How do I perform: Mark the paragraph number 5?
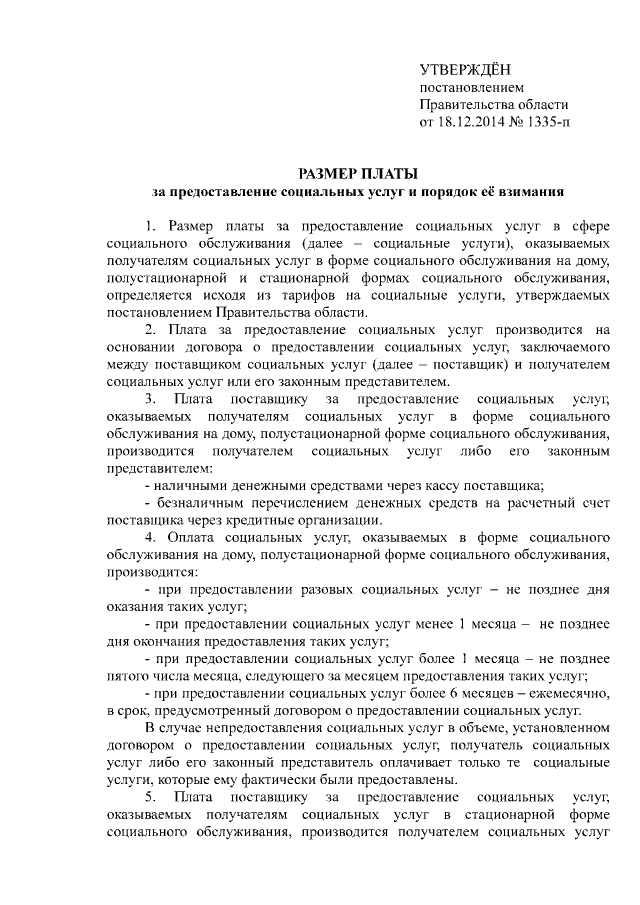[x=150, y=797]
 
